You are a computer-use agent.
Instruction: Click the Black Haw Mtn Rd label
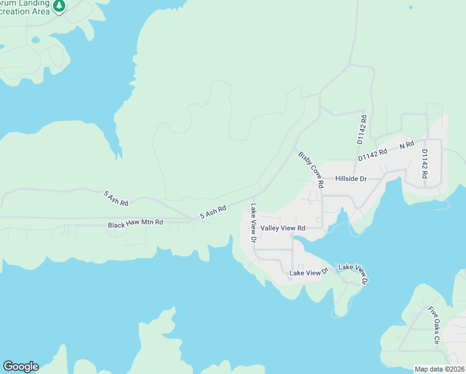[135, 223]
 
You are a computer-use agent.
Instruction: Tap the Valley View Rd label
[283, 229]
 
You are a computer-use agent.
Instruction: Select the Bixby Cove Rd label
[311, 170]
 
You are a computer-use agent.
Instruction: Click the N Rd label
[407, 145]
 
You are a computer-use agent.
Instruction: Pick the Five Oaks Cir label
[434, 325]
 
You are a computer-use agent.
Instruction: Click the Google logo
[21, 367]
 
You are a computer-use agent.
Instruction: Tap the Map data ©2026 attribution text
[439, 369]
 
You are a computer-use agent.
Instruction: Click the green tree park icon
[59, 6]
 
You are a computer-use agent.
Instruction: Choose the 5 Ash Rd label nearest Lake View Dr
[212, 213]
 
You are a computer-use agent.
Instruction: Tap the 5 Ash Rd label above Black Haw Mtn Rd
[116, 198]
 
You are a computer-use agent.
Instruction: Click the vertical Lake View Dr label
[254, 223]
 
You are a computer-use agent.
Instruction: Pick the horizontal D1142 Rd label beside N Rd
[373, 155]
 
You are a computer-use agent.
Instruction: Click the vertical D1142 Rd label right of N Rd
[424, 164]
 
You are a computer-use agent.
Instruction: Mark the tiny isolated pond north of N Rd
[411, 7]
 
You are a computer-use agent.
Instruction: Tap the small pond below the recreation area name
[35, 40]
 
